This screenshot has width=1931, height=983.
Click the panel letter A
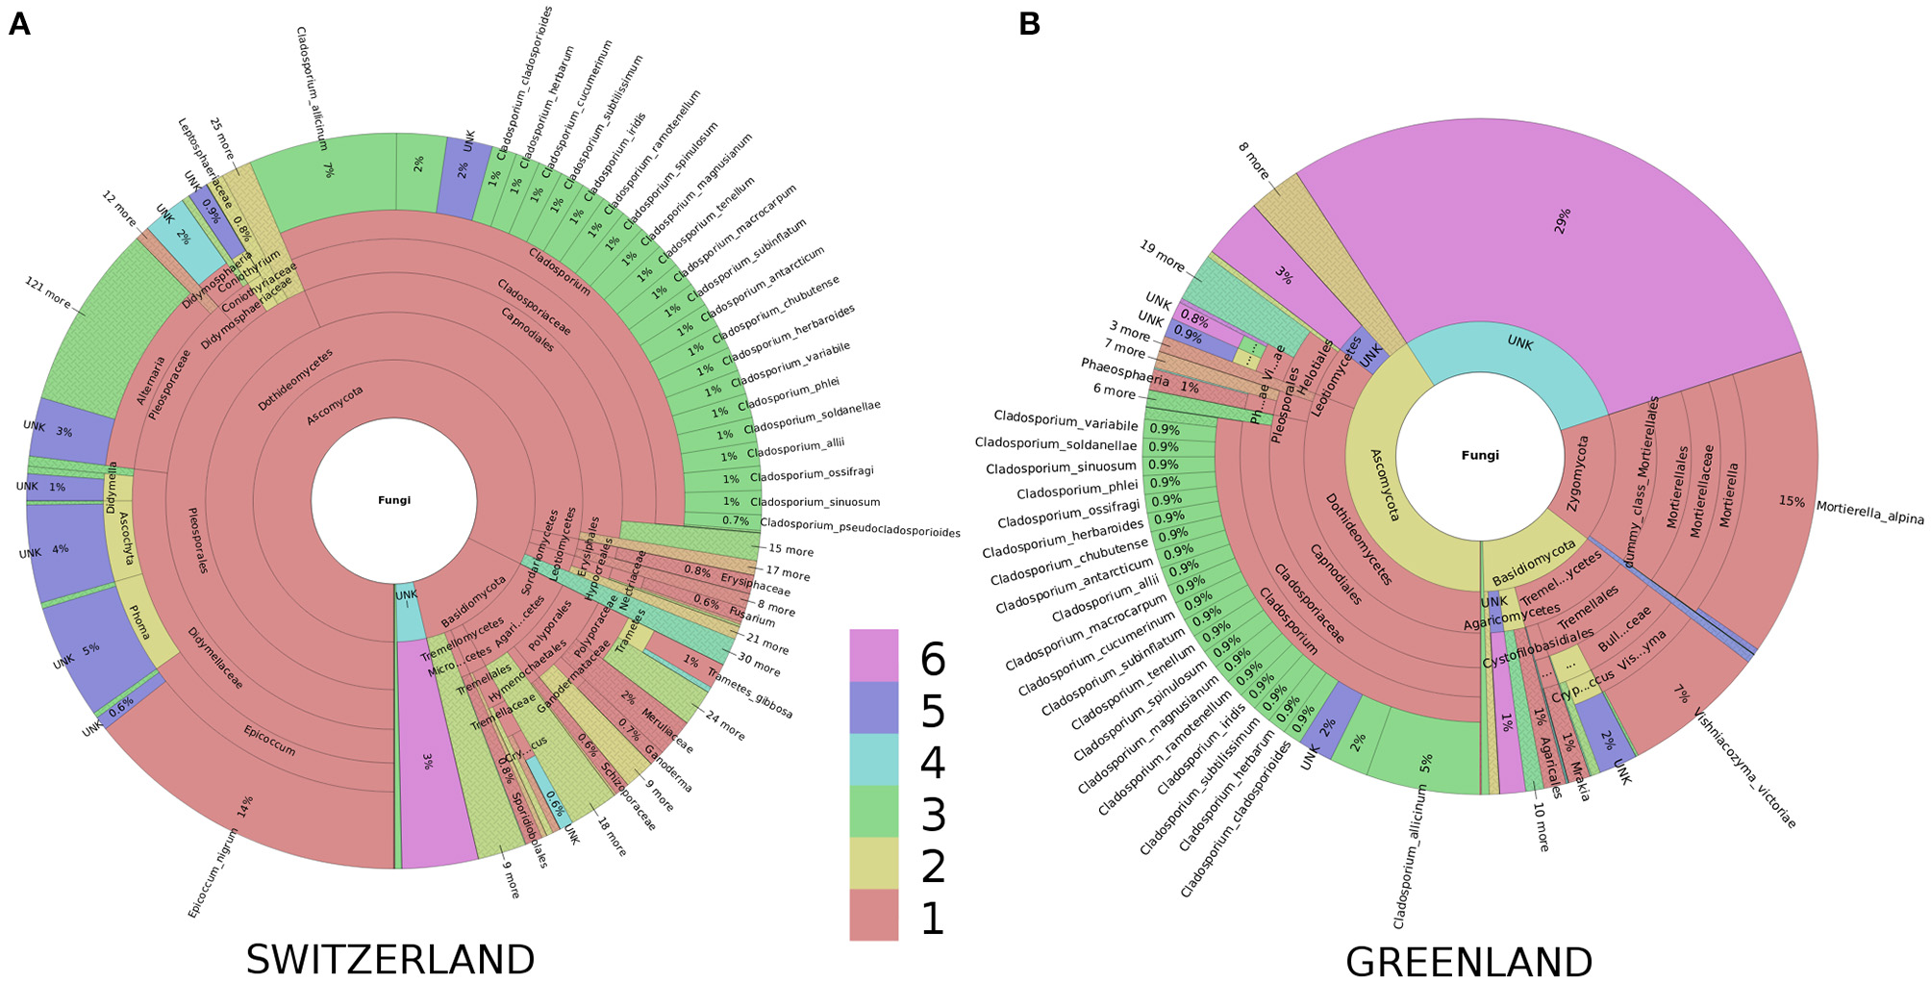pos(19,24)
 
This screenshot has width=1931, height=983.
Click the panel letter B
pos(1029,24)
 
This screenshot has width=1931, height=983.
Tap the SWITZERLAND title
pos(389,959)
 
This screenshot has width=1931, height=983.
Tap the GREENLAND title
pos(1468,961)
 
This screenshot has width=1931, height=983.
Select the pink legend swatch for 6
pos(873,655)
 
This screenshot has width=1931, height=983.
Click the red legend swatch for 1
pos(873,915)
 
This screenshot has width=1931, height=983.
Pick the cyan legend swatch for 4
pos(873,759)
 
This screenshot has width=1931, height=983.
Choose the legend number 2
pos(933,866)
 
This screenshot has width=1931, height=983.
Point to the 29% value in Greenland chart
pos(1564,220)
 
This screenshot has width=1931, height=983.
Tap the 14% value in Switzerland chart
pos(246,806)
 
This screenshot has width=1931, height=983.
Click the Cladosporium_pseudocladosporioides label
pos(860,527)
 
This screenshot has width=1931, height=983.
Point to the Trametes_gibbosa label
pos(750,693)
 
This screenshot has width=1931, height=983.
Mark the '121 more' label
pos(48,292)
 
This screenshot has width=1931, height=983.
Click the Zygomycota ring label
pos(1577,473)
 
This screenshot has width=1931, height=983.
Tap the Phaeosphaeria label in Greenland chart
pos(1124,371)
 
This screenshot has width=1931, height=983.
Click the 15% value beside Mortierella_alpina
pos(1791,501)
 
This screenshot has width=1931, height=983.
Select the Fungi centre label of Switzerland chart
pos(394,500)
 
